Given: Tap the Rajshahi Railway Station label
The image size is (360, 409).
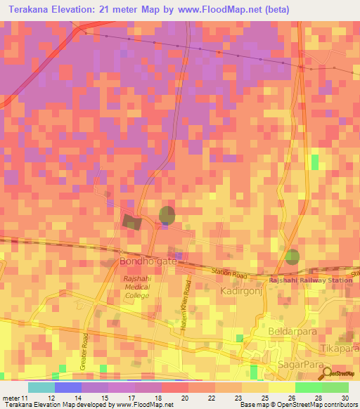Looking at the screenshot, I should click(312, 280).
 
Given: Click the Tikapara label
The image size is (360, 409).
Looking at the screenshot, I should click(340, 349).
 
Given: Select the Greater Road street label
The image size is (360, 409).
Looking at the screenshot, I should click(84, 351).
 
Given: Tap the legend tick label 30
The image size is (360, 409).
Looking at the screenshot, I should click(345, 398).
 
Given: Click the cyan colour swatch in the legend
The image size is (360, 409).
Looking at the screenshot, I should click(41, 387).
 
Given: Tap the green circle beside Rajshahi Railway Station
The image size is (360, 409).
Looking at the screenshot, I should click(292, 257).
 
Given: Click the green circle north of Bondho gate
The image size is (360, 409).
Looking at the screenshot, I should click(167, 215).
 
